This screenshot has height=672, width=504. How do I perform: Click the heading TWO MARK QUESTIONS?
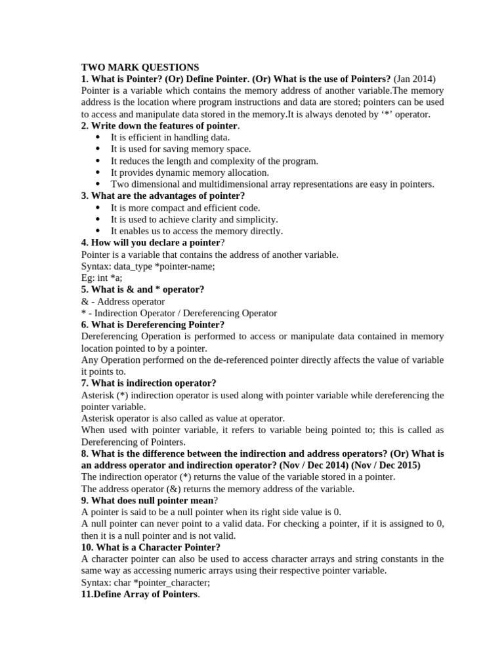tap(140, 67)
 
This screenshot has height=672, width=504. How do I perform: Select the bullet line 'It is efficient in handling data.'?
tap(170, 137)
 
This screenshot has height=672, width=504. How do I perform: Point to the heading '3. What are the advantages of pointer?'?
tap(163, 196)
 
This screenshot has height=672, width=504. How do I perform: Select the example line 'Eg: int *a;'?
tap(102, 278)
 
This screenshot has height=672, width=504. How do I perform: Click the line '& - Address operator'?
tap(123, 301)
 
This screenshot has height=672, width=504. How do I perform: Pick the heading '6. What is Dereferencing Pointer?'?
tap(152, 325)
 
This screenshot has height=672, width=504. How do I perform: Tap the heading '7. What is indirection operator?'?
tap(148, 383)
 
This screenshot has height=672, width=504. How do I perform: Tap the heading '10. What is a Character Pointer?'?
tap(150, 547)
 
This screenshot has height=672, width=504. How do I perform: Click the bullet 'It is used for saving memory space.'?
tap(180, 149)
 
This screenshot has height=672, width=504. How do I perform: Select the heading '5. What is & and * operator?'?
tap(142, 289)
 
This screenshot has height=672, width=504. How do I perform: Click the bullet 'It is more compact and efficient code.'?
tap(185, 207)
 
